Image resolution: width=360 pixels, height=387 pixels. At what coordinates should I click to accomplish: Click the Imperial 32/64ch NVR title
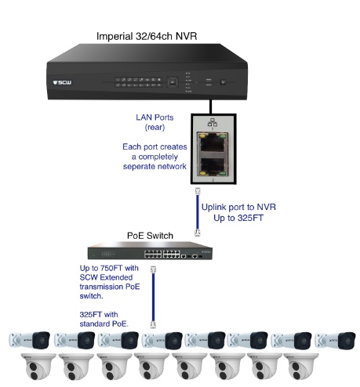(x=147, y=36)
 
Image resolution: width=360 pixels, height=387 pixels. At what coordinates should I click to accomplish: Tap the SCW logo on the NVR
(x=62, y=82)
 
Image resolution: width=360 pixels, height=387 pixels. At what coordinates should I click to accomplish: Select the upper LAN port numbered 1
(x=213, y=143)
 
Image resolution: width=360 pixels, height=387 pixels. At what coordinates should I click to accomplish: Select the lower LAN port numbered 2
(x=213, y=166)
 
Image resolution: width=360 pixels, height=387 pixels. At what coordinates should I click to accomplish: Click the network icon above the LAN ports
(x=213, y=122)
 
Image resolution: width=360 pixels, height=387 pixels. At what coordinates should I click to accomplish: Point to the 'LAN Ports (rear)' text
(x=155, y=122)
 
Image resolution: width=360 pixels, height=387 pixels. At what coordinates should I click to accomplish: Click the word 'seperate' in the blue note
(x=139, y=167)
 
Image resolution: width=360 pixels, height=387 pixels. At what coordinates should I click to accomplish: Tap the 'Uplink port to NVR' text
(x=238, y=207)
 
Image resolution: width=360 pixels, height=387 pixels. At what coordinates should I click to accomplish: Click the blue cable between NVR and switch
(x=198, y=212)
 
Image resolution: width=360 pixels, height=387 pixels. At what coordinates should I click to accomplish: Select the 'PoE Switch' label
(x=150, y=236)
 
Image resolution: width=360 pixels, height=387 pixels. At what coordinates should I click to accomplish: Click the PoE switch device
(x=150, y=251)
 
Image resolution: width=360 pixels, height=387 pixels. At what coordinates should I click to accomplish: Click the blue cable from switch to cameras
(x=153, y=297)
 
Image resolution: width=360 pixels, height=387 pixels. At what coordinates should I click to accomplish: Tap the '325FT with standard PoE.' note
(x=104, y=319)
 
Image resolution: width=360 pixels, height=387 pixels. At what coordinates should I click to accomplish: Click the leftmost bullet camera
(x=29, y=340)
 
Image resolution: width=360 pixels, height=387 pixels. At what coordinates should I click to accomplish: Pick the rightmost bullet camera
(x=335, y=340)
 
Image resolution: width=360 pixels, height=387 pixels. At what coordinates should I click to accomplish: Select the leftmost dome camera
(x=38, y=367)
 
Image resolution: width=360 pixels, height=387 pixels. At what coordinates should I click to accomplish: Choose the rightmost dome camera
(x=301, y=367)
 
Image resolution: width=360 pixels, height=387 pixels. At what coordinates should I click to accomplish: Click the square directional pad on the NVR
(x=173, y=82)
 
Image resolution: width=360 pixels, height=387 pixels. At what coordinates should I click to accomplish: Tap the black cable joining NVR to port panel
(x=211, y=107)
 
